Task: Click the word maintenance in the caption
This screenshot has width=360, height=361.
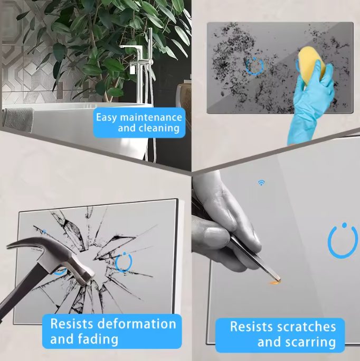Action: point(151,117)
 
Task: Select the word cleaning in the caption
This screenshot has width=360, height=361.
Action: point(148,128)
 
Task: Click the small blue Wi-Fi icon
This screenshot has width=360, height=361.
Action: point(261,183)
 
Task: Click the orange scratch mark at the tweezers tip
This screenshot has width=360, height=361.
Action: point(274,283)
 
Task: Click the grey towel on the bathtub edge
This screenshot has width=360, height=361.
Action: point(18,120)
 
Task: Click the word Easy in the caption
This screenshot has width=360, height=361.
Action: point(107,117)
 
